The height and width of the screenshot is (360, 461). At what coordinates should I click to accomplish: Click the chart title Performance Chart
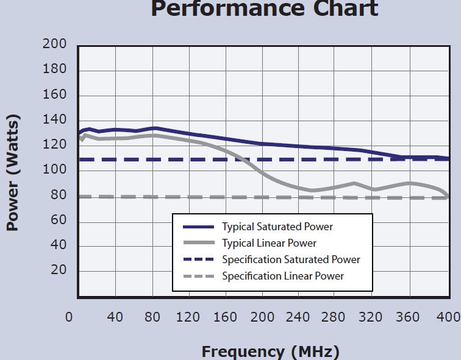pyautogui.click(x=264, y=9)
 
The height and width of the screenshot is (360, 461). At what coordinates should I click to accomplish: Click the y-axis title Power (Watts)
pyautogui.click(x=13, y=174)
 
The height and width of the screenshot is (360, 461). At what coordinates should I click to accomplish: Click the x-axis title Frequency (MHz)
pyautogui.click(x=270, y=351)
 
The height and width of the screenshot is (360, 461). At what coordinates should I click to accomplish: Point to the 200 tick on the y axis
pyautogui.click(x=54, y=44)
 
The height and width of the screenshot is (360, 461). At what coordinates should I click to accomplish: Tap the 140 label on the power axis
pyautogui.click(x=54, y=120)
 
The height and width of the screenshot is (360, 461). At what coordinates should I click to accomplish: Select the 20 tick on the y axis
pyautogui.click(x=59, y=270)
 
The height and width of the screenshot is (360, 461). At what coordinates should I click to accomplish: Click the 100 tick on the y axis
pyautogui.click(x=54, y=170)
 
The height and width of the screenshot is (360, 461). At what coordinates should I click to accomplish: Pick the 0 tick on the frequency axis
pyautogui.click(x=70, y=317)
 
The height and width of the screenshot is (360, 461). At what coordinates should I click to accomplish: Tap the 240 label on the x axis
pyautogui.click(x=298, y=317)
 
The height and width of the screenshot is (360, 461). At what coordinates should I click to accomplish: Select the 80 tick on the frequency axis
pyautogui.click(x=152, y=317)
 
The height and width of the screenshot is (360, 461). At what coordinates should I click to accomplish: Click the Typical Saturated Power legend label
pyautogui.click(x=277, y=227)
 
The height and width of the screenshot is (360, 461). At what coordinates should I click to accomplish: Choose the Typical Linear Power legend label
pyautogui.click(x=269, y=244)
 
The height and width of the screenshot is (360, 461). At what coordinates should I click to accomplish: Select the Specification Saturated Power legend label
pyautogui.click(x=291, y=260)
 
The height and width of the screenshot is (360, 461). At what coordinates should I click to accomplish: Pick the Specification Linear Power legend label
pyautogui.click(x=283, y=277)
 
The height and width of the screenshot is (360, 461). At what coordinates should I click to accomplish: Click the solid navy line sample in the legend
pyautogui.click(x=199, y=227)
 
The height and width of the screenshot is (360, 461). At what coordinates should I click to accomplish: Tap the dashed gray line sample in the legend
pyautogui.click(x=199, y=277)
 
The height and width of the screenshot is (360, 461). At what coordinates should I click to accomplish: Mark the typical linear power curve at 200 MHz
pyautogui.click(x=262, y=174)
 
